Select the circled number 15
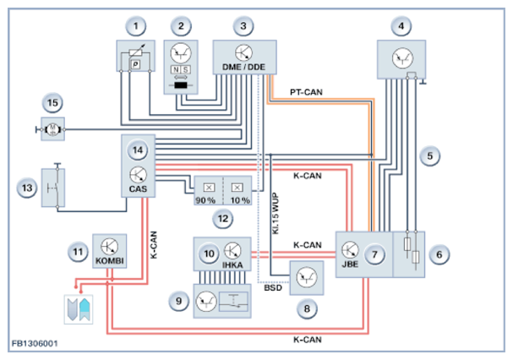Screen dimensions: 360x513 [x=53, y=102]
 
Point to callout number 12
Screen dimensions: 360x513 [x=221, y=218]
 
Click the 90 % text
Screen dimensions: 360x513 [x=205, y=201]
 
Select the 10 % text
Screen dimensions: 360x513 [x=240, y=201]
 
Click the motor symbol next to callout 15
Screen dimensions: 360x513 [x=53, y=129]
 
